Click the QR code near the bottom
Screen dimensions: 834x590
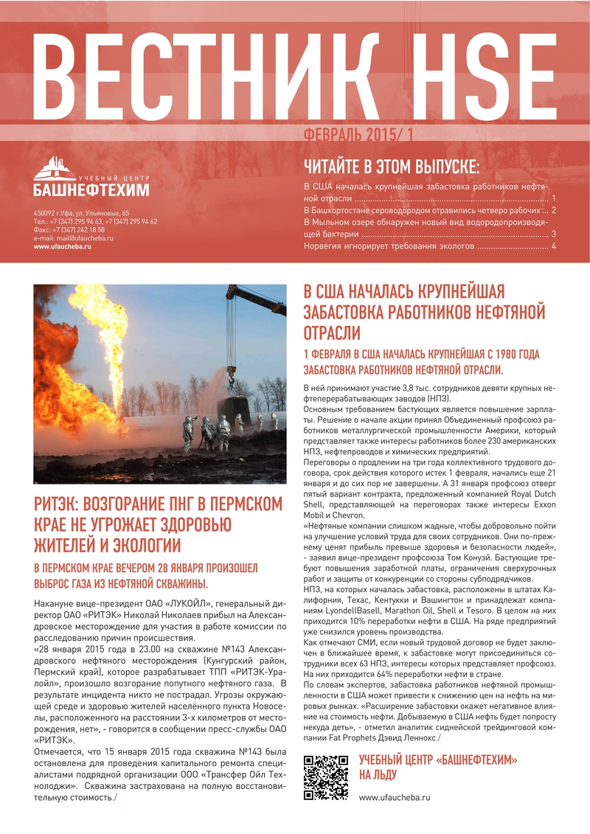tap(326, 777)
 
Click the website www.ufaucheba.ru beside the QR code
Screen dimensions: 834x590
tap(394, 797)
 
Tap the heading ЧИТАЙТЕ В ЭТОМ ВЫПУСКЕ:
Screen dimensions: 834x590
tap(392, 164)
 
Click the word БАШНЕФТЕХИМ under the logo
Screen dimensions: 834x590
tap(91, 191)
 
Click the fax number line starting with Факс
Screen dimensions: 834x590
tap(69, 230)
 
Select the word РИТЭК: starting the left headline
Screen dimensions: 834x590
tap(57, 505)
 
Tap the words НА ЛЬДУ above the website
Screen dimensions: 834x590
tap(378, 774)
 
